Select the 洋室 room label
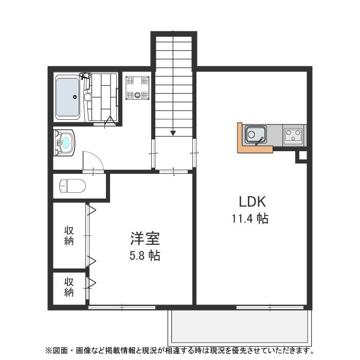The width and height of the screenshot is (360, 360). click(x=145, y=239)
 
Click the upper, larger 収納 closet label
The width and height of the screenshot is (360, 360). click(x=69, y=236)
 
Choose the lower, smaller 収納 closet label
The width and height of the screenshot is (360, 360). click(x=69, y=287)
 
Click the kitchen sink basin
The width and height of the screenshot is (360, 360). click(x=255, y=135)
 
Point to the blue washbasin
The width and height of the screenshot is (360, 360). click(x=66, y=142)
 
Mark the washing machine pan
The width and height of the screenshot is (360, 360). click(x=137, y=87)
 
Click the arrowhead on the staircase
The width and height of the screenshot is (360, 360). click(x=173, y=133)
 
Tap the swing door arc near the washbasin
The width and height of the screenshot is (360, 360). click(x=94, y=159)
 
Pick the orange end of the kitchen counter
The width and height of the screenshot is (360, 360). click(x=240, y=138)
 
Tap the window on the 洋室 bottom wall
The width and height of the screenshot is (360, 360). click(x=122, y=308)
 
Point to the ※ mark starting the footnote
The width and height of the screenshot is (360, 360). click(x=49, y=351)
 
